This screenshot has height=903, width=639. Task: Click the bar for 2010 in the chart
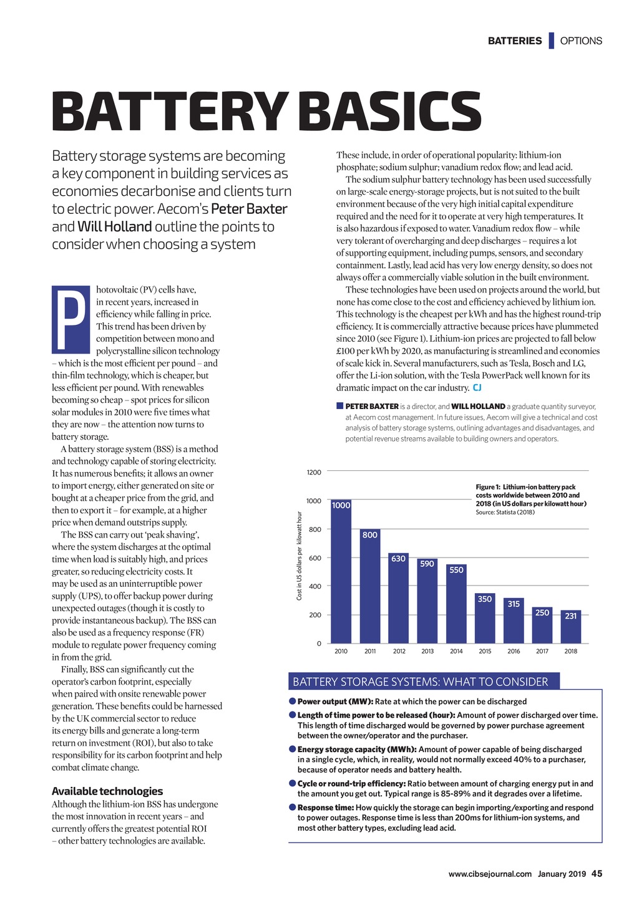click(341, 571)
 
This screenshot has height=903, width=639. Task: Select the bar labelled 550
click(456, 604)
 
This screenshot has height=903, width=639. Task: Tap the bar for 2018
click(570, 627)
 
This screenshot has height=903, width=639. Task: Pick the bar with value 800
click(369, 586)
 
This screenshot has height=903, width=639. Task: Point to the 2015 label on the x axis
click(485, 652)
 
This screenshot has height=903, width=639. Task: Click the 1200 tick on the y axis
click(314, 473)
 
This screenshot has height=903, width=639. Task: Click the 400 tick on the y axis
click(315, 587)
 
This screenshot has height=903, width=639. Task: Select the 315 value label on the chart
click(514, 604)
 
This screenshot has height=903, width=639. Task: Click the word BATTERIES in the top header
click(514, 41)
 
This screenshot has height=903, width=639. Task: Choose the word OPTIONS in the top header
click(581, 41)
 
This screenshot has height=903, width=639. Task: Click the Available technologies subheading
click(107, 791)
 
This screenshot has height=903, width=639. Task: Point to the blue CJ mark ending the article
click(477, 388)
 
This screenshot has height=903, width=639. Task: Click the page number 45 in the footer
click(597, 874)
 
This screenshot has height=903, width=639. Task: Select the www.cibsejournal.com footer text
click(490, 874)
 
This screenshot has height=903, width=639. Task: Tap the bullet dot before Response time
click(292, 808)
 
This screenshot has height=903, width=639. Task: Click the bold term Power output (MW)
click(335, 702)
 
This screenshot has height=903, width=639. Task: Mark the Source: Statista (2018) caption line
click(505, 513)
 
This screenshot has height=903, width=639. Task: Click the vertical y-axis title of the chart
click(300, 556)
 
